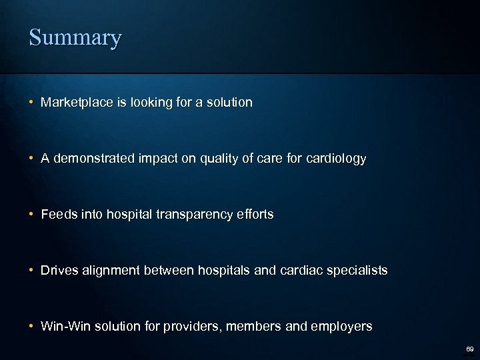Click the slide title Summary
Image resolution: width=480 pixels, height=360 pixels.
75,37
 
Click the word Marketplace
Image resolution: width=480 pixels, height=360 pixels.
74,103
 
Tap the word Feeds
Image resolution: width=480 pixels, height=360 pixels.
57,215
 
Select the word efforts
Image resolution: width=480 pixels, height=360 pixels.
254,215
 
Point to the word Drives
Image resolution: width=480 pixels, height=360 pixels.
58,271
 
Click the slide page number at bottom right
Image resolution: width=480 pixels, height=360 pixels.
469,348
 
